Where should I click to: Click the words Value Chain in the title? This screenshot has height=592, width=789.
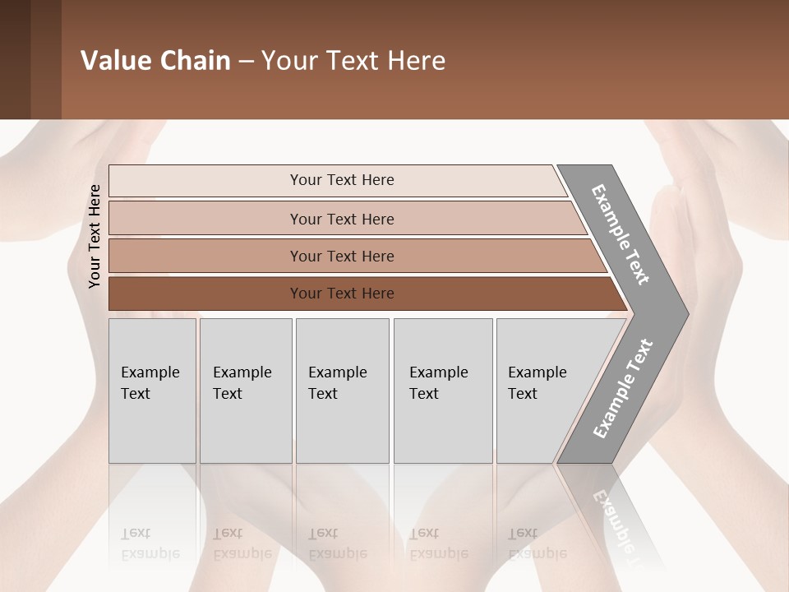coord(155,61)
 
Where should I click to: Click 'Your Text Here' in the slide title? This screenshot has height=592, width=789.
coord(353,61)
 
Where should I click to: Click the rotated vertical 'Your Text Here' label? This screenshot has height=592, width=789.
coord(95,236)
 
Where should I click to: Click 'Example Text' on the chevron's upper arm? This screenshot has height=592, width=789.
coord(621,234)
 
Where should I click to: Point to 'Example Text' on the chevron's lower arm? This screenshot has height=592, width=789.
coord(623,389)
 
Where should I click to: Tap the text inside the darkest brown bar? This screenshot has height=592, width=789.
coord(342,294)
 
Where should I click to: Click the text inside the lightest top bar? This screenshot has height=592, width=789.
coord(342,180)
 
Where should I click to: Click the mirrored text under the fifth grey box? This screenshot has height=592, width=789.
coord(537,543)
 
